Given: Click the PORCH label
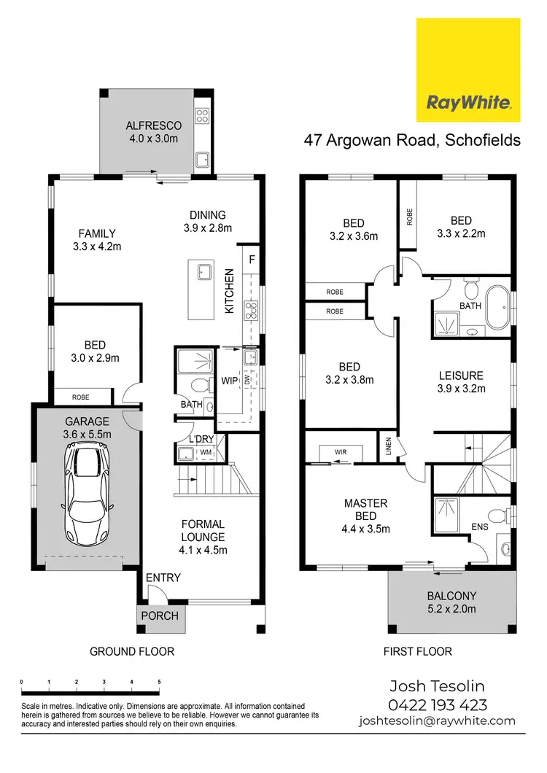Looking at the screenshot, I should click(x=160, y=615).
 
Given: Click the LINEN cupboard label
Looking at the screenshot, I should click(x=387, y=447).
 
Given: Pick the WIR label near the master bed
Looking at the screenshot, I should click(x=340, y=452).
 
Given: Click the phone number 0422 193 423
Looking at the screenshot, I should click(x=438, y=705).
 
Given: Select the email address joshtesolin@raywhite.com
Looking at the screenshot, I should click(x=437, y=721).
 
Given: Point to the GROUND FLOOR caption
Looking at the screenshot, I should click(x=132, y=651).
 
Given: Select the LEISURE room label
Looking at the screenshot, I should click(x=461, y=376).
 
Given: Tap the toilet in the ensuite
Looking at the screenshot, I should click(x=499, y=516).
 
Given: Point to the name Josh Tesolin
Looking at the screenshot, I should click(x=438, y=686).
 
